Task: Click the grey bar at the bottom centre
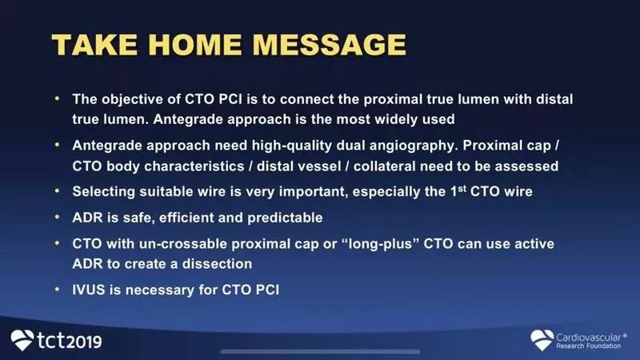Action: coord(320,351)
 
